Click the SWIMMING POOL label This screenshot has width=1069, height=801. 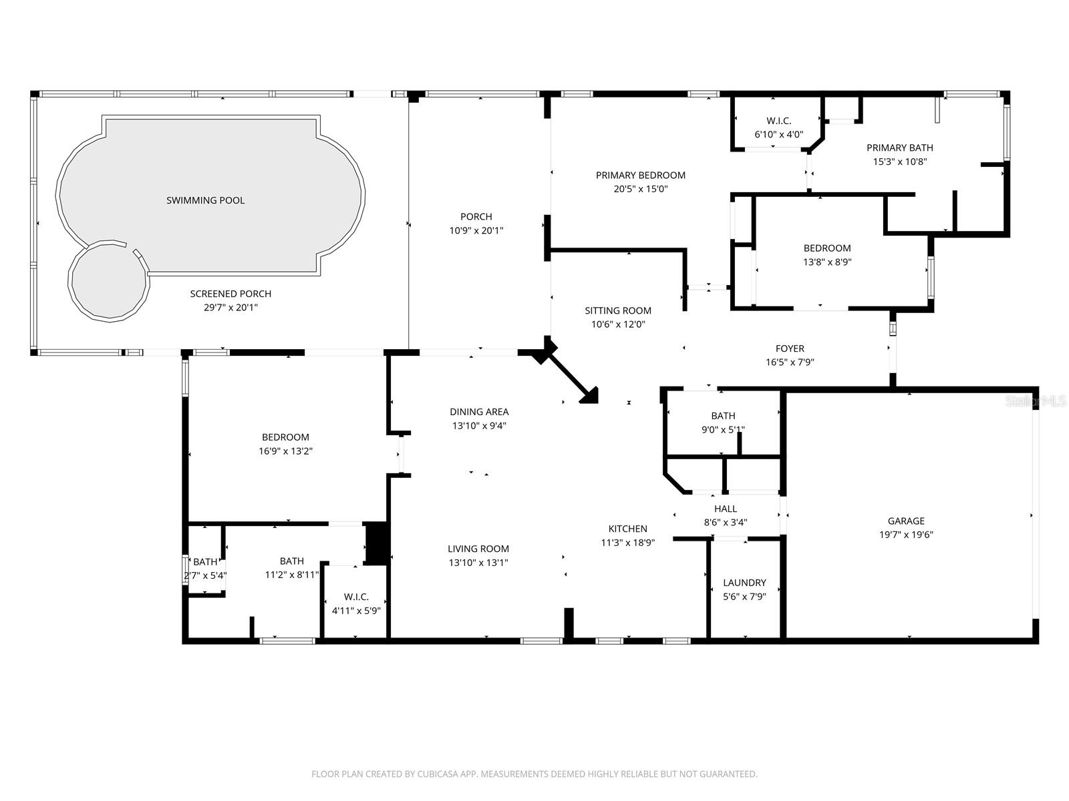(x=205, y=200)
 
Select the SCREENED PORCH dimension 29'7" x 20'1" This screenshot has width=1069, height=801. (x=231, y=307)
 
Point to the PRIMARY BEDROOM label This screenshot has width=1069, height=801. (x=641, y=175)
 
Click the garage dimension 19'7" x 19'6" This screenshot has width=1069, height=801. (x=906, y=535)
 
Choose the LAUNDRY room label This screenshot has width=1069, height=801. (x=744, y=583)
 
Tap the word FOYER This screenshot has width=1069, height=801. (x=790, y=348)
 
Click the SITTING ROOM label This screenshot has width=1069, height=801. (x=618, y=310)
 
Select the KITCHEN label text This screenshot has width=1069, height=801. (x=628, y=529)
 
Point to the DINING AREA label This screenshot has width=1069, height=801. (x=479, y=412)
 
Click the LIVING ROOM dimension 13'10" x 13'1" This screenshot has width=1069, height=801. (x=478, y=563)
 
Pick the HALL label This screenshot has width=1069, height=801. (x=725, y=509)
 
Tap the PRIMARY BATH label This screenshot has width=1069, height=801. (x=899, y=148)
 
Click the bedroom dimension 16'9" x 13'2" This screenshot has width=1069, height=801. (x=285, y=451)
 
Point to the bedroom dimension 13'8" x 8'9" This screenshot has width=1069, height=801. (x=827, y=262)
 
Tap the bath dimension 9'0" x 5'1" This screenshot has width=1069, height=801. (x=723, y=429)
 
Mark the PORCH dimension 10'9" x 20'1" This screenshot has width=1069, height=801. (x=476, y=230)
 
